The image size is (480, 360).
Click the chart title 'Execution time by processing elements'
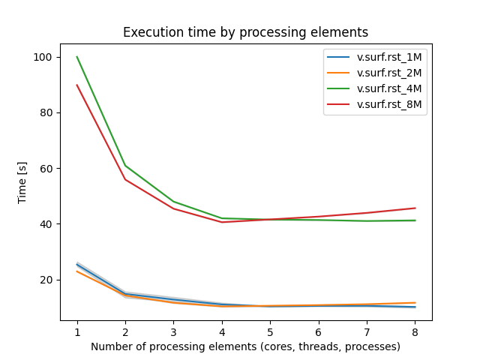(245, 32)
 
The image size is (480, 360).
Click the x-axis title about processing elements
(245, 346)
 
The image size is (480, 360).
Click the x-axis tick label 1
(77, 331)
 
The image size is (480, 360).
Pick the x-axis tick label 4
(221, 331)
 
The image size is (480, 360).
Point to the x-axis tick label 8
(414, 331)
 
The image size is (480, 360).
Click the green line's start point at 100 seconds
(77, 57)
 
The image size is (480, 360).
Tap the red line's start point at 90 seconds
(77, 85)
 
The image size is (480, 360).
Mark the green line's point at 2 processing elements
(125, 166)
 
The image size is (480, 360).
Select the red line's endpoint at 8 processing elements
(414, 208)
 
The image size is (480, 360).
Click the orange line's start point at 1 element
(77, 271)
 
